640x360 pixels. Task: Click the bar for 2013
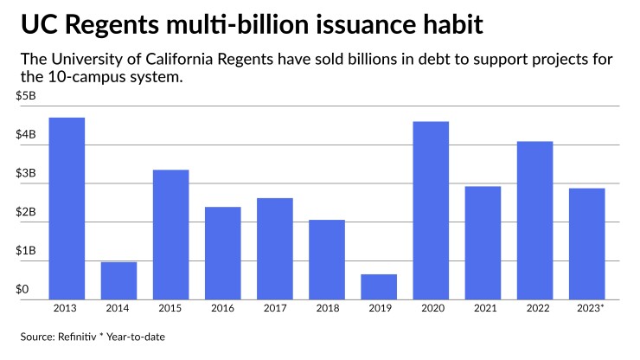click(67, 208)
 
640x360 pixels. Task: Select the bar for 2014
click(118, 280)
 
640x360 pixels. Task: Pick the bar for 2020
click(431, 210)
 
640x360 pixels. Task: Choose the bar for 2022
click(534, 220)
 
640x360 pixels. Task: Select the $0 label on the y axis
click(22, 290)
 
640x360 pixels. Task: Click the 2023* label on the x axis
click(587, 309)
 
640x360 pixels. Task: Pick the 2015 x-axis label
click(170, 309)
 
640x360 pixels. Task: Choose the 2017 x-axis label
click(275, 309)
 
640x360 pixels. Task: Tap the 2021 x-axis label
click(483, 309)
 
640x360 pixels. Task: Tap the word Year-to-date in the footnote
click(142, 337)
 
